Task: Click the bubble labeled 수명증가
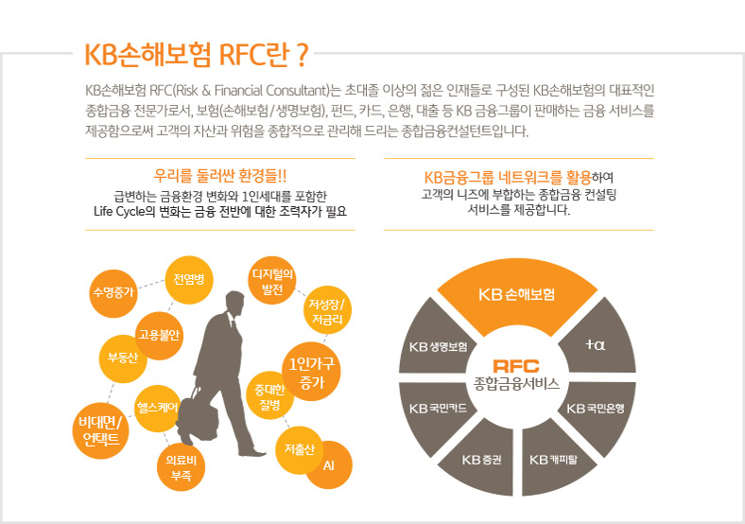coord(113,291)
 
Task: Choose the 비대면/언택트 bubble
coord(100,429)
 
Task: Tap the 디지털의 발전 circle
coord(272,279)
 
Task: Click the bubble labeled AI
coord(329,466)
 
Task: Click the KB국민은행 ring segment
coord(602,409)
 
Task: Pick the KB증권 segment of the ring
coord(481,461)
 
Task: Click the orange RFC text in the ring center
coord(516,366)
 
